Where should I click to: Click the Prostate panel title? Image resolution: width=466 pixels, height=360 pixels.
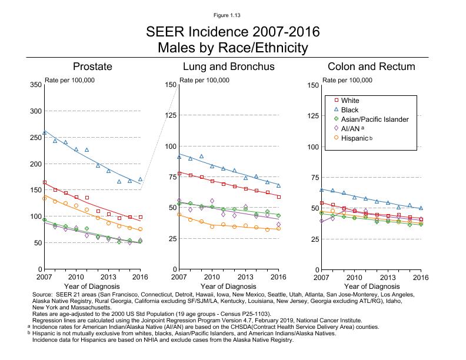(92, 66)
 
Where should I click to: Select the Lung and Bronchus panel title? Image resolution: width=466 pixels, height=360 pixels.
(228, 66)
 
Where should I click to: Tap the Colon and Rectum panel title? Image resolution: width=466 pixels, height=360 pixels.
(371, 66)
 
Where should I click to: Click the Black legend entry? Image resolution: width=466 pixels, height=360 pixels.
(349, 110)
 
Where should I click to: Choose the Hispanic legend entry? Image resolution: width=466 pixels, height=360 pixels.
(354, 138)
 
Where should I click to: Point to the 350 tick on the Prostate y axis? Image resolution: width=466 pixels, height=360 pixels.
(35, 85)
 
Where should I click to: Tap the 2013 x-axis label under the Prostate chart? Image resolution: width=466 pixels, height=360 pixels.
(108, 276)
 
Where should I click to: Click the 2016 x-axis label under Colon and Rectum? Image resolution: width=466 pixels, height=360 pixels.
(421, 276)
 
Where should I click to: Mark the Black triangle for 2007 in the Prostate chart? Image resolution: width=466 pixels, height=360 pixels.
(45, 133)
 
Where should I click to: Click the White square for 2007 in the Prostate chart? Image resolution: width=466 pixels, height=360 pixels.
(45, 182)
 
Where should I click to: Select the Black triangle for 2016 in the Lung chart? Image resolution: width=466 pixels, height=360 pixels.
(279, 185)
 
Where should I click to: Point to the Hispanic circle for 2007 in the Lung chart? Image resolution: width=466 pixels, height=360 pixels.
(179, 215)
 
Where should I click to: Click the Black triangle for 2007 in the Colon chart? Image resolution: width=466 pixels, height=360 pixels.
(321, 189)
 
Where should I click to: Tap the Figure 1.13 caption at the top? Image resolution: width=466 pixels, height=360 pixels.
(232, 15)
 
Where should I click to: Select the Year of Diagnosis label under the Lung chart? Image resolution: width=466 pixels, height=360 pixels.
(228, 286)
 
